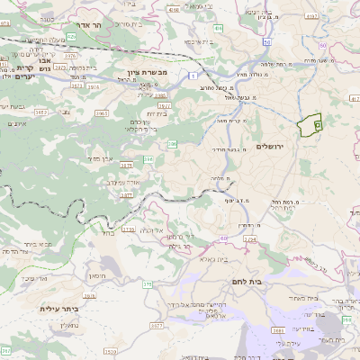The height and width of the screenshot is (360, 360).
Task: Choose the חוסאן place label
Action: click(x=96, y=267)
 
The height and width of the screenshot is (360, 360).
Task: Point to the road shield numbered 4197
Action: click(x=313, y=15)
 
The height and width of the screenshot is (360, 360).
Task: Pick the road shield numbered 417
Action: click(x=353, y=97)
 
